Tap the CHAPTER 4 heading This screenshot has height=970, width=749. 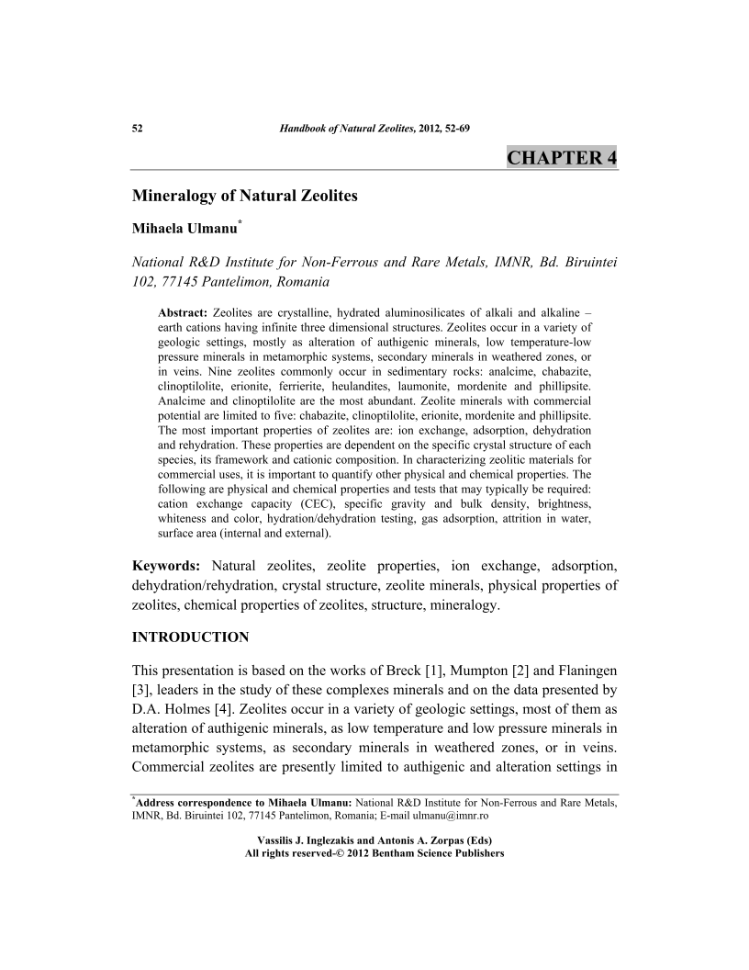point(562,158)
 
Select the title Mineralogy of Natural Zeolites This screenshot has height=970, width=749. point(245,196)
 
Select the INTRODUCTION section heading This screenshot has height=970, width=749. point(191,637)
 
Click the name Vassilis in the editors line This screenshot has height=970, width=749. point(281,840)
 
